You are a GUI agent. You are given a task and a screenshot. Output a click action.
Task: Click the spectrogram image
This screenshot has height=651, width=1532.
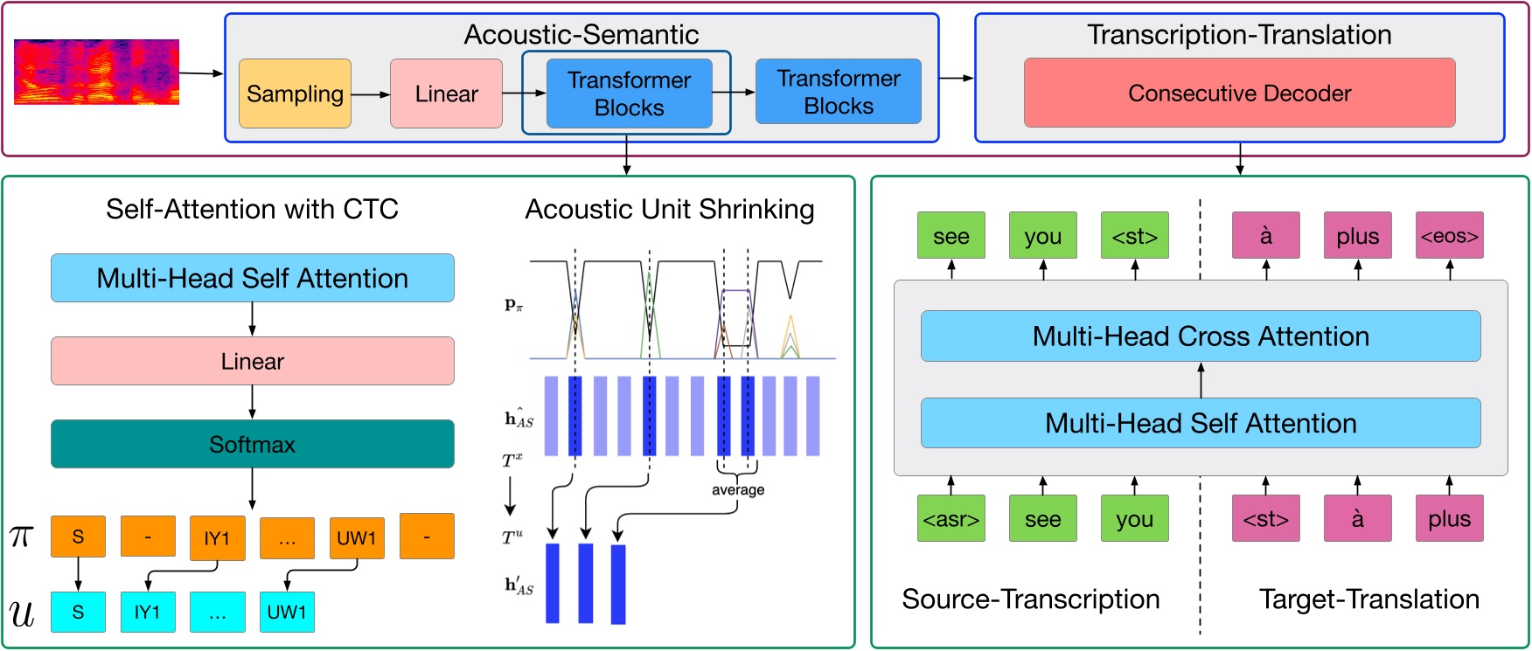pyautogui.click(x=96, y=72)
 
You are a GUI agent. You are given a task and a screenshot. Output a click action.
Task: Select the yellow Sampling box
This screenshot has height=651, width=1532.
pyautogui.click(x=295, y=93)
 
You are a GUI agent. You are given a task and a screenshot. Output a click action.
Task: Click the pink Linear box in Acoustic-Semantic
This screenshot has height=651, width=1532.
pyautogui.click(x=446, y=93)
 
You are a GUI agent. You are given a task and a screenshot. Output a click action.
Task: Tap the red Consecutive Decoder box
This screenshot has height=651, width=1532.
pyautogui.click(x=1239, y=93)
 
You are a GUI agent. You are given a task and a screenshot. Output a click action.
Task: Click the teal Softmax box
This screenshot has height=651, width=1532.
pyautogui.click(x=252, y=444)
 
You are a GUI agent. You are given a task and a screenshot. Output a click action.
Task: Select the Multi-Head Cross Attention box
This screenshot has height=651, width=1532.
pyautogui.click(x=1200, y=336)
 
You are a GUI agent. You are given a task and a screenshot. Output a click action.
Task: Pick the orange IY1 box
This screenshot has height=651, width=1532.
pyautogui.click(x=217, y=537)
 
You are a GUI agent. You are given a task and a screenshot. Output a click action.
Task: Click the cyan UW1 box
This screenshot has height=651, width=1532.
pyautogui.click(x=287, y=612)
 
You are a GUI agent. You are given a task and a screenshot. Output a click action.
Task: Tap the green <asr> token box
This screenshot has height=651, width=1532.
pyautogui.click(x=951, y=519)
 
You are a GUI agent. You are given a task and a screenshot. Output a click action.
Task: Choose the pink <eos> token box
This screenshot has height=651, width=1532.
pyautogui.click(x=1449, y=236)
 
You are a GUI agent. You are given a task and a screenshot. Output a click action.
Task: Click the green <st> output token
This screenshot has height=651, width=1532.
pyautogui.click(x=1134, y=236)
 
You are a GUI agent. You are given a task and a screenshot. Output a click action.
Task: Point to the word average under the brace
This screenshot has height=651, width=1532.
pyautogui.click(x=737, y=490)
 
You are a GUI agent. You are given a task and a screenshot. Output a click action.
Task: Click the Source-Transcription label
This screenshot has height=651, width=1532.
pyautogui.click(x=1030, y=599)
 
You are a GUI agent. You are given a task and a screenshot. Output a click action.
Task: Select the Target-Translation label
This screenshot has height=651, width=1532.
pyautogui.click(x=1368, y=599)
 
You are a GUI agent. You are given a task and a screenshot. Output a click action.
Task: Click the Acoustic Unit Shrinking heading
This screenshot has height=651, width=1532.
pyautogui.click(x=669, y=210)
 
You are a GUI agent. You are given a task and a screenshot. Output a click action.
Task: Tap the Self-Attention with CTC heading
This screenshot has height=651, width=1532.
pyautogui.click(x=252, y=210)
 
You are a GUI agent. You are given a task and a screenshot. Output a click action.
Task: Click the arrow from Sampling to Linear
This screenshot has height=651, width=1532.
pyautogui.click(x=371, y=93)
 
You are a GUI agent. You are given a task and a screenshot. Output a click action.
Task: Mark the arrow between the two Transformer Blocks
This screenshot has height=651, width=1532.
pyautogui.click(x=734, y=92)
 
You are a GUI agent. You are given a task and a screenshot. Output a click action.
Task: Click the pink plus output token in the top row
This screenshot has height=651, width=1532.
pyautogui.click(x=1357, y=236)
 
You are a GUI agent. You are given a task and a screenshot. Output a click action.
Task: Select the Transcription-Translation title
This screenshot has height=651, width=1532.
pyautogui.click(x=1239, y=35)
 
